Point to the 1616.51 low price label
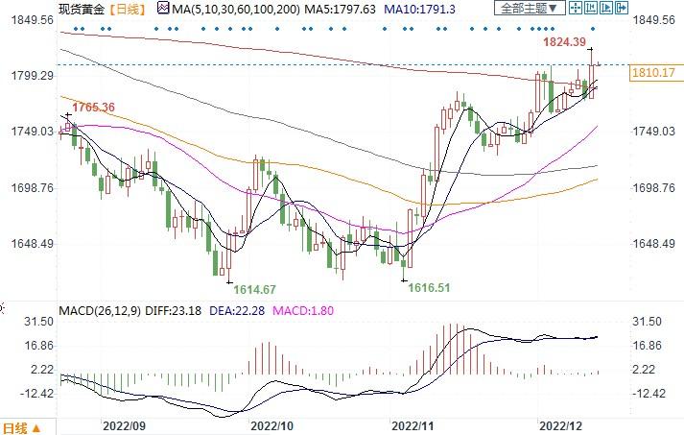pos(428,286)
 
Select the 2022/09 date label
pos(125,423)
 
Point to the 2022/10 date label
pos(271,423)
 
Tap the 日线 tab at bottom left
pos(21,426)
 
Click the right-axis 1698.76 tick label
pos(656,188)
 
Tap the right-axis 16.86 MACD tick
pos(650,346)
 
